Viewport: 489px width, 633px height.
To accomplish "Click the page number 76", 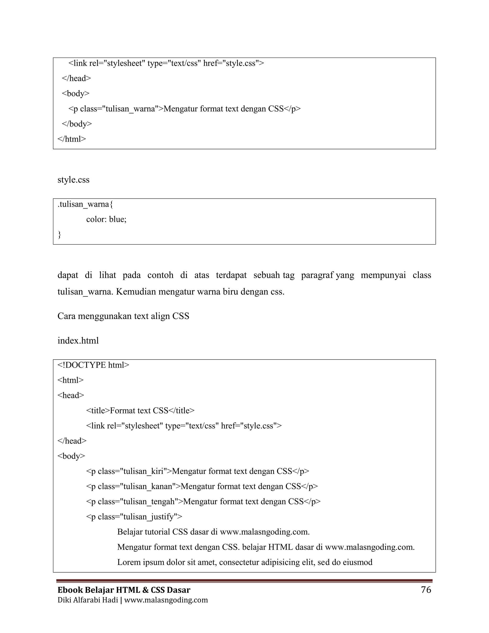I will (x=426, y=590).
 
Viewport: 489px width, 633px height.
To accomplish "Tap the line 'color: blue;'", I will (x=106, y=220).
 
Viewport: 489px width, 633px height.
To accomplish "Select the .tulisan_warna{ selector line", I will (x=85, y=204).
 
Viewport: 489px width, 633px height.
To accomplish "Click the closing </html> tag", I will (x=72, y=139).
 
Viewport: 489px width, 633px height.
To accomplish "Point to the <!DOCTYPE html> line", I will (x=93, y=365).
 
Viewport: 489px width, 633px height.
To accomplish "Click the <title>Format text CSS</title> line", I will (x=140, y=410).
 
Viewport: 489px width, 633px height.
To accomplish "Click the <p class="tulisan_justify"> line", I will (x=134, y=517).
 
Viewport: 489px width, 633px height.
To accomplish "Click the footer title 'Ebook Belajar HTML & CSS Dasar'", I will (x=124, y=590).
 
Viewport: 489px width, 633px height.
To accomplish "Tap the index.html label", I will (x=78, y=341).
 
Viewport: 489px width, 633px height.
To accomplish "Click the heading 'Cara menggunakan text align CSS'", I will (x=123, y=316).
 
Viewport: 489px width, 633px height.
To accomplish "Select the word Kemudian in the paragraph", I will (x=135, y=292).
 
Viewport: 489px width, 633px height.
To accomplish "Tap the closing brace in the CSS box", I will (x=59, y=235).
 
